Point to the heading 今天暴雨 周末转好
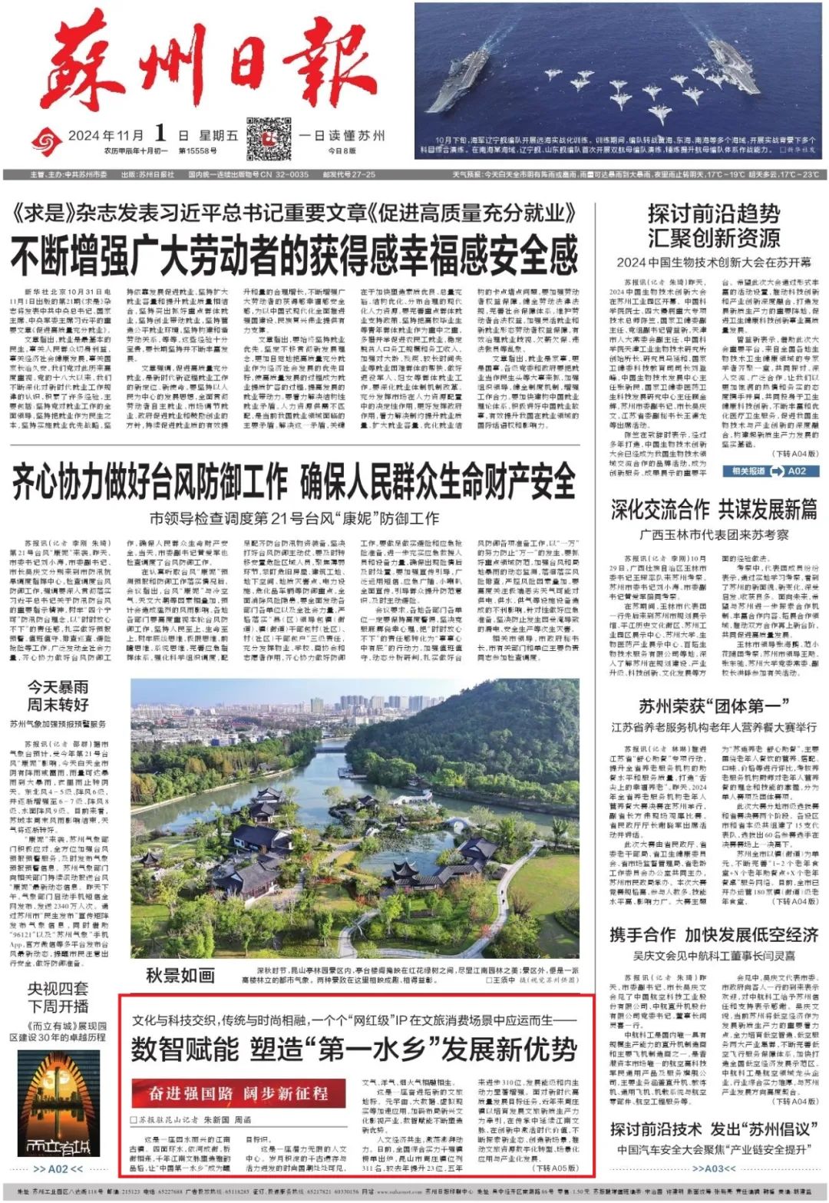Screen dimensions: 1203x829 tap(58, 696)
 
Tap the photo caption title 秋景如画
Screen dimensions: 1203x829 tap(180, 976)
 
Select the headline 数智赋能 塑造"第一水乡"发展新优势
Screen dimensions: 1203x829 tap(353, 1049)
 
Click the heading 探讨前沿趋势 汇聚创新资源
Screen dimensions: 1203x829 tap(713, 225)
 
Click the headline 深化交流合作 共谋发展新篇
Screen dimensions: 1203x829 tap(714, 510)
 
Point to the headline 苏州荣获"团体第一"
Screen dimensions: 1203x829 tap(714, 706)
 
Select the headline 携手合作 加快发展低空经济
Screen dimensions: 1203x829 tap(714, 935)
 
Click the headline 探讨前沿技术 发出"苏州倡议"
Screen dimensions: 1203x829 tap(714, 1129)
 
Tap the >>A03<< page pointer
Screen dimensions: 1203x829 tap(713, 1169)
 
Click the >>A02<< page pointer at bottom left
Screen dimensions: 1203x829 tap(58, 1169)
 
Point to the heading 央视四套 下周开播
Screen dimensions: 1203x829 tap(58, 996)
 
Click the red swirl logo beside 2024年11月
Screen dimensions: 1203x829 tap(47, 139)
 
